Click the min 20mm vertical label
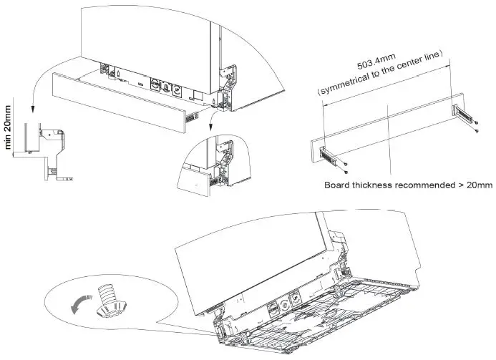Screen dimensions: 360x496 [x=9, y=130]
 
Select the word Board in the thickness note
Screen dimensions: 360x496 [x=339, y=185]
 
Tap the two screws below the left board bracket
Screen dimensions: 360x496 [x=344, y=168]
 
